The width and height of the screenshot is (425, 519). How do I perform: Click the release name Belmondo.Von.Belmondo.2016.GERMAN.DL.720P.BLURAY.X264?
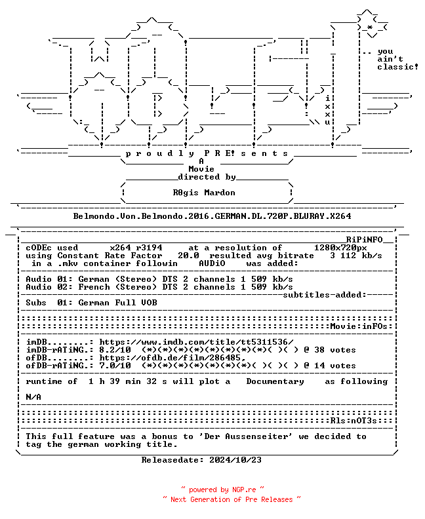[x=212, y=216]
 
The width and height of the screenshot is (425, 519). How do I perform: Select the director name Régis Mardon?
[x=204, y=193]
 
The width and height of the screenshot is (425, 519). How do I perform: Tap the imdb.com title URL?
[x=196, y=342]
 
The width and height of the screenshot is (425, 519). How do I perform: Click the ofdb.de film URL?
[x=172, y=358]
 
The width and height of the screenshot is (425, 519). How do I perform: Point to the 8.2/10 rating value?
[x=115, y=350]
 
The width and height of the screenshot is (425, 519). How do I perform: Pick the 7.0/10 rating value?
[x=115, y=366]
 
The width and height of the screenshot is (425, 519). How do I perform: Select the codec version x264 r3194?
[x=136, y=248]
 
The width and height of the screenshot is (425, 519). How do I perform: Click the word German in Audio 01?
[x=94, y=279]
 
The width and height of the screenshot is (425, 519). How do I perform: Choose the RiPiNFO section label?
[x=365, y=240]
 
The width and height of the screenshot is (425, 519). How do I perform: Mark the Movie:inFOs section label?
[x=359, y=326]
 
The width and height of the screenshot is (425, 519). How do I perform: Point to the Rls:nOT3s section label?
[x=354, y=421]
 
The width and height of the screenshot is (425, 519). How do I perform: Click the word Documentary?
[x=275, y=381]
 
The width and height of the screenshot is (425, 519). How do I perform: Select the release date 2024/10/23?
[x=235, y=460]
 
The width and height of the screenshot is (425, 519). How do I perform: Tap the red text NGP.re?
[x=244, y=490]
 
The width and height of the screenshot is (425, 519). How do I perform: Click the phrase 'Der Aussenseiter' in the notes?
[x=245, y=436]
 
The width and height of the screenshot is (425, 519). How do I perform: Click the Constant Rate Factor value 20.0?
[x=188, y=256]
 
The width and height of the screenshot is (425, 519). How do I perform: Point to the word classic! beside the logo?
[x=397, y=67]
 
